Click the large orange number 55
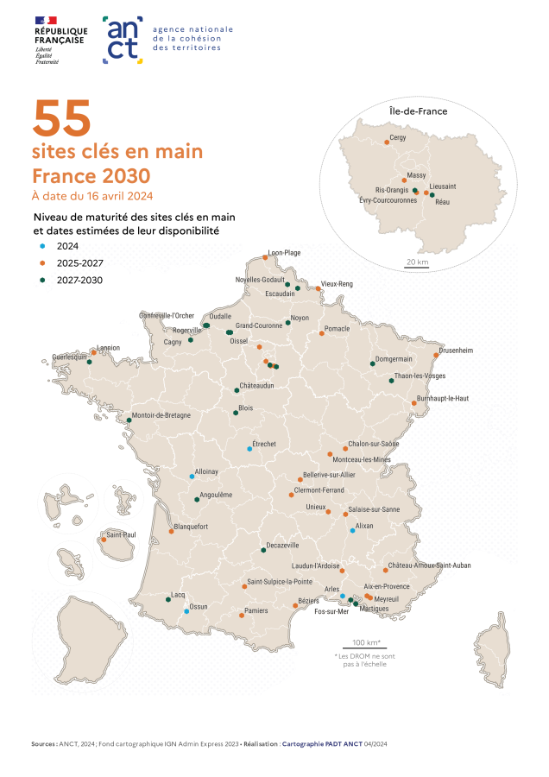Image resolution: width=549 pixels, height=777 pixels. coord(61,119)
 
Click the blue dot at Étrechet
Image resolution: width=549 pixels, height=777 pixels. coord(249,449)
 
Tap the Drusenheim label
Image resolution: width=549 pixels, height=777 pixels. coord(456,351)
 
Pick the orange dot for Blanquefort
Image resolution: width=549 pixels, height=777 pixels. coord(172,532)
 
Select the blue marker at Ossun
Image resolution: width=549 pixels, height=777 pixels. coord(186,611)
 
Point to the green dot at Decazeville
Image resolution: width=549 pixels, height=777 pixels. coord(263,550)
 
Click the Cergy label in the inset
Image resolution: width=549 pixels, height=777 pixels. coord(398,136)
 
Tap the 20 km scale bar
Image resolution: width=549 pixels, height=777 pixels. coord(416,268)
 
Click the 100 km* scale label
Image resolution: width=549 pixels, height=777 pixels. coord(366,643)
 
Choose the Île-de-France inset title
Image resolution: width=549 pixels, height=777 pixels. coord(412,111)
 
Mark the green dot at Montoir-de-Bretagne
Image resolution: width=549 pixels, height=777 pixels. coord(129,420)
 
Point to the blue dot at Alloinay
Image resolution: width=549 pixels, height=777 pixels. coord(192,477)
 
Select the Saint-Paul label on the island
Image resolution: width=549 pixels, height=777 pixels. coord(121,535)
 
